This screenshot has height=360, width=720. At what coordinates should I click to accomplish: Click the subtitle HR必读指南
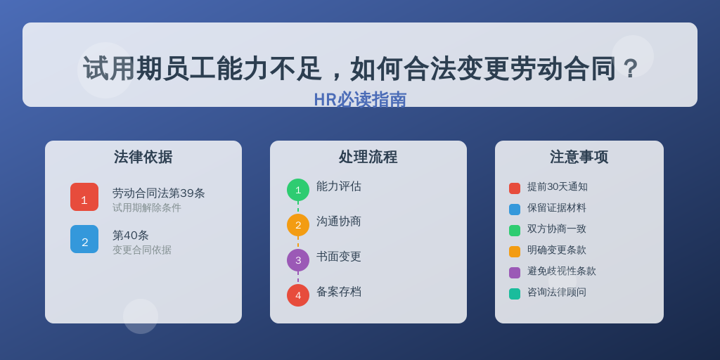click(x=360, y=100)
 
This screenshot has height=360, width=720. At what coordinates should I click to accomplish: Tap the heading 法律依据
click(x=143, y=157)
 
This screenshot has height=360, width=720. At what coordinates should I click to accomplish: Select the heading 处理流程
click(x=368, y=157)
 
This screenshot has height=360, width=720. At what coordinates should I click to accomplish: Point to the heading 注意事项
click(x=579, y=157)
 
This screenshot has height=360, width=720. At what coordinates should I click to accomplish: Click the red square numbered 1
click(x=84, y=197)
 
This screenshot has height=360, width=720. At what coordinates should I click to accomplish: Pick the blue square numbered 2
click(x=84, y=239)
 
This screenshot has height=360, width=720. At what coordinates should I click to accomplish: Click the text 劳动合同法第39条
click(x=159, y=193)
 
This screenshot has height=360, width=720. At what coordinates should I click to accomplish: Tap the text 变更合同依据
click(x=142, y=250)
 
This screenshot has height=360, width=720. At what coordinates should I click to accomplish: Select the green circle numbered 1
click(x=298, y=190)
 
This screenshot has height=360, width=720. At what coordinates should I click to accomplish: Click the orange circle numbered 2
click(x=298, y=225)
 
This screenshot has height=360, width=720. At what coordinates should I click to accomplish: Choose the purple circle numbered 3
click(x=298, y=260)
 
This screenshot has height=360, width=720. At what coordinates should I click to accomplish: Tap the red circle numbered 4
click(x=298, y=295)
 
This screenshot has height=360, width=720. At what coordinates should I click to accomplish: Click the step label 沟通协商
click(x=339, y=221)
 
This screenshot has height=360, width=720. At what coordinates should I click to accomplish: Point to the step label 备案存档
click(x=339, y=292)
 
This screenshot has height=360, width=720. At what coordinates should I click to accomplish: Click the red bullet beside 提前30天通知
click(x=515, y=188)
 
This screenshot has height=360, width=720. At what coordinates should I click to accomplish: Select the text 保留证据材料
click(x=557, y=208)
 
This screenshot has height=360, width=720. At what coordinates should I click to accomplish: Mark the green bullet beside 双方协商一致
click(x=515, y=231)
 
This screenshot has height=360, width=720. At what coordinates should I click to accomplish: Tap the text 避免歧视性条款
click(x=562, y=271)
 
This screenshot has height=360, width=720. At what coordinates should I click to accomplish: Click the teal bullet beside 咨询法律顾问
click(x=515, y=294)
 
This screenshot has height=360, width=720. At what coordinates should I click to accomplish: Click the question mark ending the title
click(x=630, y=69)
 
